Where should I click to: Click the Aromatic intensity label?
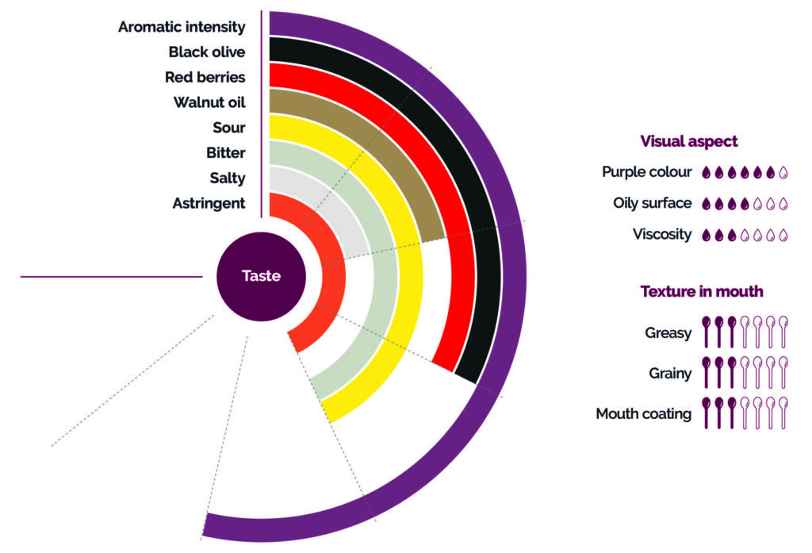182,27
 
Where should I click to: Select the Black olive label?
207,52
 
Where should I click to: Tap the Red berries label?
205,77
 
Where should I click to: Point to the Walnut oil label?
209,102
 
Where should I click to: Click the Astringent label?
209,204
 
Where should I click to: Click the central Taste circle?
261,276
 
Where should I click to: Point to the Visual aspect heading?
688,142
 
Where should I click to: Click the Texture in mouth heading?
701,292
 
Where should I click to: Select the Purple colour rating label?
646,172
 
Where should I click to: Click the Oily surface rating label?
652,203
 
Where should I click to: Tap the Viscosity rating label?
661,235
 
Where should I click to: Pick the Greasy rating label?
668,333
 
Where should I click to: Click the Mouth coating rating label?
643,413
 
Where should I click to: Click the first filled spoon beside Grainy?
707,371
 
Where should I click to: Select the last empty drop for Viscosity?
783,235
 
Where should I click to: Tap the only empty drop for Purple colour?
783,172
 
